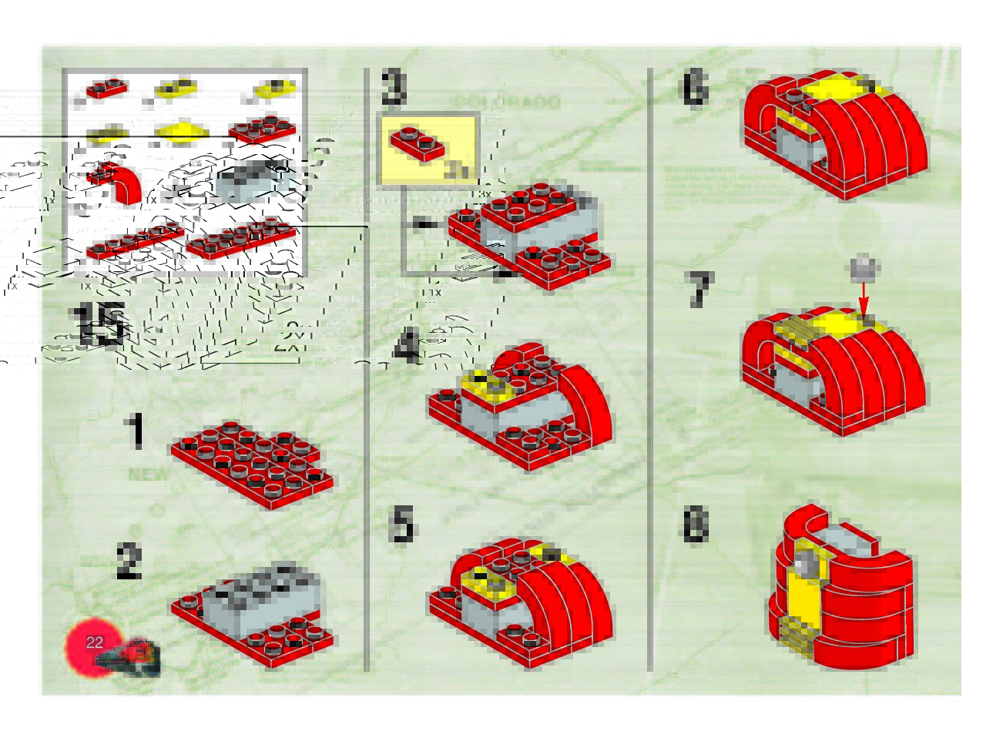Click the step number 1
136,431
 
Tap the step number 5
402,525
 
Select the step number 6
694,89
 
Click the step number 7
698,291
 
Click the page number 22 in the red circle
95,642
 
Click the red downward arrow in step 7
864,297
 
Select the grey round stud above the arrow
864,267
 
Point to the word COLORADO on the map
506,102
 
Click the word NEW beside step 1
149,475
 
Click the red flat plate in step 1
252,462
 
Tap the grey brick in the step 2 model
262,601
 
